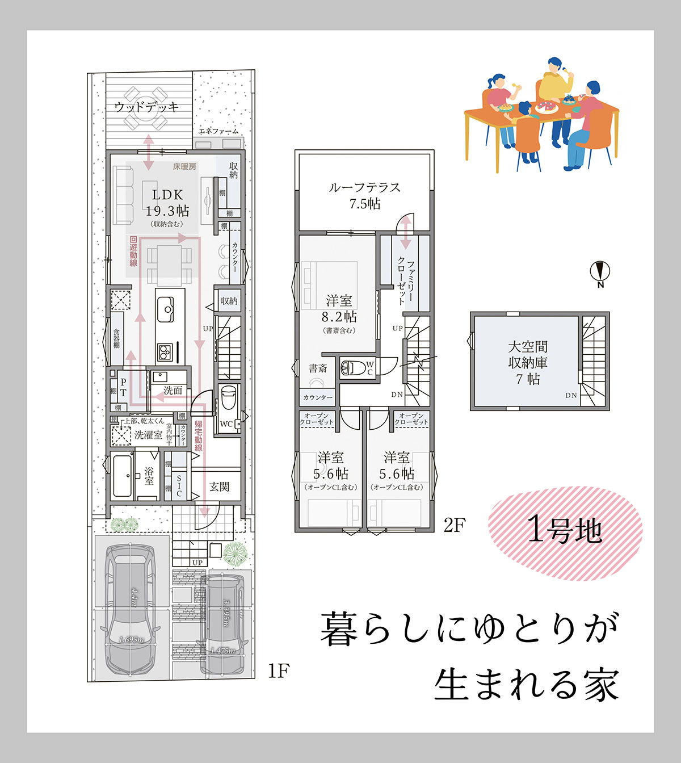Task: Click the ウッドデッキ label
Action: [146, 107]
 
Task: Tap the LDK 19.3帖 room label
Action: [167, 204]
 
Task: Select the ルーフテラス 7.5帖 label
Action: [365, 195]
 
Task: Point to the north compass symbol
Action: [600, 272]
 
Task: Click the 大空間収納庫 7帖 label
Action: [528, 362]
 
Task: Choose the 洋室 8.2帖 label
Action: [339, 309]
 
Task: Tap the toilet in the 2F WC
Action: [353, 368]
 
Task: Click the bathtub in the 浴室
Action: [121, 476]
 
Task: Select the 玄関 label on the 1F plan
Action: [219, 487]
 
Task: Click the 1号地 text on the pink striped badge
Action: [564, 530]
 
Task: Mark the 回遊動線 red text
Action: [133, 251]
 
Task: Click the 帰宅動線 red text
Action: [198, 436]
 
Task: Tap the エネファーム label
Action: [218, 131]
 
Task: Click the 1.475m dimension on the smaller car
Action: [223, 651]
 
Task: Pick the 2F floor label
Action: [454, 526]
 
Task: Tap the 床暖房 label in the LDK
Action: [184, 166]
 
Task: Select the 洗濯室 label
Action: [148, 435]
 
